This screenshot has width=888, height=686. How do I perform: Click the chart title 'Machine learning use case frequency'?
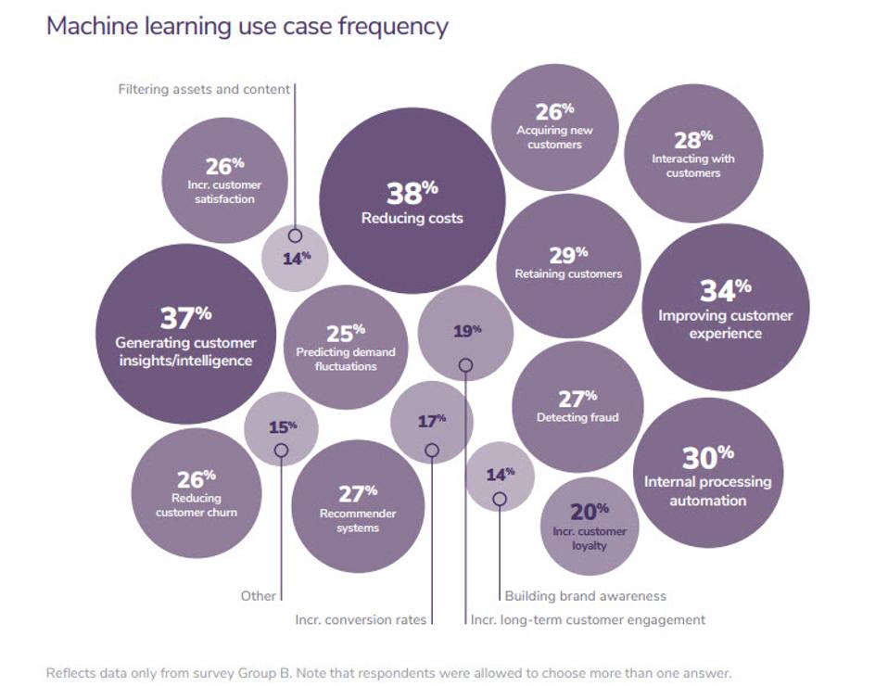(247, 26)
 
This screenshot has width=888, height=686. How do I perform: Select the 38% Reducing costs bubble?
(412, 201)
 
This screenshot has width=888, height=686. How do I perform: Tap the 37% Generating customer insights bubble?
(185, 334)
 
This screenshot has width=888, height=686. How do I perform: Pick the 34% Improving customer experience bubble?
(725, 307)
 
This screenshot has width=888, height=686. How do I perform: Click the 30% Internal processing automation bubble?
(707, 473)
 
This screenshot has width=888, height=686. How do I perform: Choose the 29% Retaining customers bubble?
(568, 265)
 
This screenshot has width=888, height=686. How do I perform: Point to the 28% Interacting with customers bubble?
(693, 154)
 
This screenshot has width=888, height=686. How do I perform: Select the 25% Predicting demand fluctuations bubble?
(346, 347)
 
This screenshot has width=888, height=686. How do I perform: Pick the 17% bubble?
(431, 422)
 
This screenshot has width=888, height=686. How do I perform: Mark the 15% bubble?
(282, 428)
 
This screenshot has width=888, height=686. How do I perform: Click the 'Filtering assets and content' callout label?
(204, 90)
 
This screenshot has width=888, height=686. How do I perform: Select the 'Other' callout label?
(259, 596)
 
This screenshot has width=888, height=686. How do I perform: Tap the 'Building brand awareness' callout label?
(585, 596)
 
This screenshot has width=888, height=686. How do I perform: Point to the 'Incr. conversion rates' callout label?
(361, 619)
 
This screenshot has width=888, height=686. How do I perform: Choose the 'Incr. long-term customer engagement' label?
(588, 619)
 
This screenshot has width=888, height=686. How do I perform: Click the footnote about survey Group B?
(388, 673)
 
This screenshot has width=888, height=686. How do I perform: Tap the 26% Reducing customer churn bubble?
(197, 493)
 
